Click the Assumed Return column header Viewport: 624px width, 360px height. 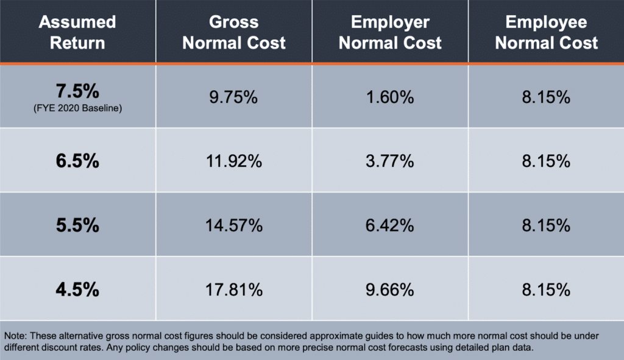[77, 32]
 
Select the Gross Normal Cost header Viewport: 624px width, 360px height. [234, 32]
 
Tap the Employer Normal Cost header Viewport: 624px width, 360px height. [390, 32]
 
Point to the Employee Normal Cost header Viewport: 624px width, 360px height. [547, 32]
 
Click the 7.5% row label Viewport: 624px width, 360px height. [77, 92]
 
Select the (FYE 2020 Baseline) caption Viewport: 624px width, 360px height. [77, 108]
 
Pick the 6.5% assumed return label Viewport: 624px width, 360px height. [77, 161]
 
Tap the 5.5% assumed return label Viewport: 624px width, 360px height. [77, 225]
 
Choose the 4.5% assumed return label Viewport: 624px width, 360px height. [77, 289]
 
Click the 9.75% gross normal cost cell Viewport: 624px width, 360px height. [234, 97]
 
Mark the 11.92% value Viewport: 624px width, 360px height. [234, 161]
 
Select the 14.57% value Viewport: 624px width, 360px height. [234, 225]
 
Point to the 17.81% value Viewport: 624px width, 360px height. [234, 289]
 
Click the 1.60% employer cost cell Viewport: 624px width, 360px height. [390, 97]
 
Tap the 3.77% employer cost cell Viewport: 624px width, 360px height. [390, 161]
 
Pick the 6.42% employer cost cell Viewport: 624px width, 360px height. [390, 225]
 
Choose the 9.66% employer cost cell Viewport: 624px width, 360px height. [390, 289]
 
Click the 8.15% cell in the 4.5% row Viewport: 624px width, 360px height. [547, 289]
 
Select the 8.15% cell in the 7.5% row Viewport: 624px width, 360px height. [547, 97]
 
